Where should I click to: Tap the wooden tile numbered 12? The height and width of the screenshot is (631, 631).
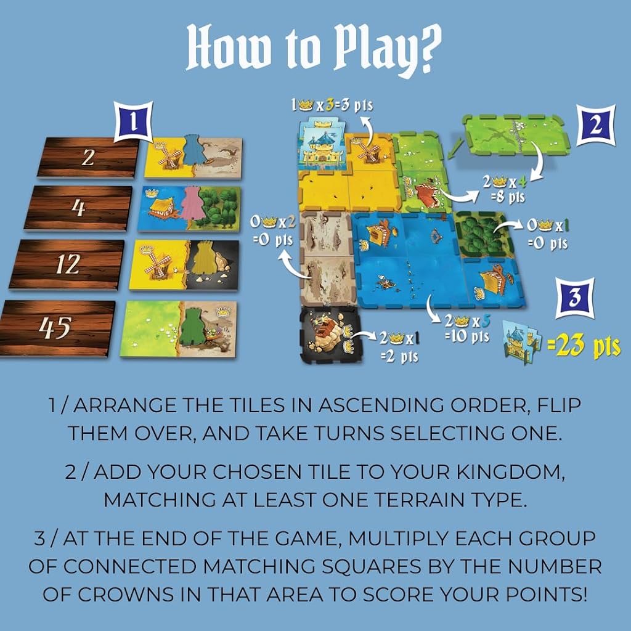(67, 264)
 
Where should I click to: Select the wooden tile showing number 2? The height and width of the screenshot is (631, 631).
(88, 157)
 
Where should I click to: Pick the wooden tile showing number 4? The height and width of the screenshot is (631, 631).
(78, 208)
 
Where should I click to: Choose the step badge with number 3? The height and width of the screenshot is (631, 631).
(575, 298)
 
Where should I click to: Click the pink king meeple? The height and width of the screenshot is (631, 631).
(193, 203)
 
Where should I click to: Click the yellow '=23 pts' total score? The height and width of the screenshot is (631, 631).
(584, 346)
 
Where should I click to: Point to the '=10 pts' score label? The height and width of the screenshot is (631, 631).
(467, 336)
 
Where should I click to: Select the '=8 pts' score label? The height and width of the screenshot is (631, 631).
(508, 197)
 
